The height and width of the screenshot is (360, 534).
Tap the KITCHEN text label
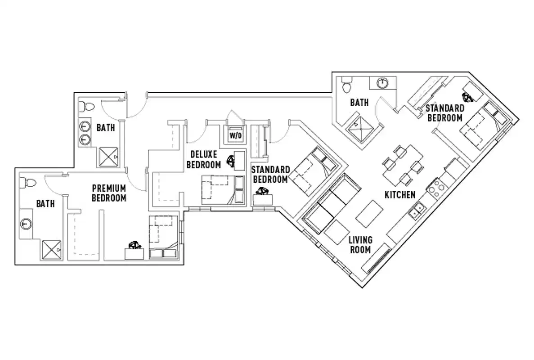tap(399, 195)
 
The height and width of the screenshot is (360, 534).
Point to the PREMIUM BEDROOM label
tap(109, 193)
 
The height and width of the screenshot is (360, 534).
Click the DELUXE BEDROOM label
tap(203, 160)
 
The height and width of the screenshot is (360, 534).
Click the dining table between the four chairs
tap(403, 165)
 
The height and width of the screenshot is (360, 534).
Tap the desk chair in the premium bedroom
tap(134, 245)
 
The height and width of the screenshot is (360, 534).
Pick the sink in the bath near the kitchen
tap(382, 83)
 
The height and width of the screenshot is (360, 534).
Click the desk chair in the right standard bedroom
tap(467, 96)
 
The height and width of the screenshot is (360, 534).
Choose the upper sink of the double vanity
tap(84, 127)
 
